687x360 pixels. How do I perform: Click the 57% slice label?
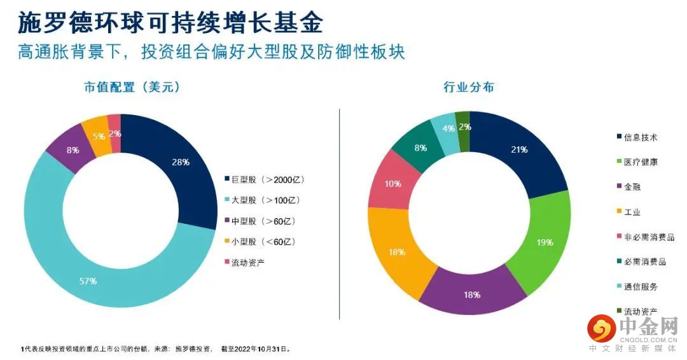(x=88, y=280)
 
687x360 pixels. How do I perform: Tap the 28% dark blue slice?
(x=181, y=163)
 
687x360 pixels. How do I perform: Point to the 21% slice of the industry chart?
(x=519, y=150)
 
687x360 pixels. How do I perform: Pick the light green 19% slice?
(x=544, y=242)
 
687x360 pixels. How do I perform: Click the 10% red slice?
(x=393, y=184)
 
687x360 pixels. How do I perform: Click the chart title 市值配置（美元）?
(x=132, y=88)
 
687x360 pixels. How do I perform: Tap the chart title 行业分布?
(x=469, y=88)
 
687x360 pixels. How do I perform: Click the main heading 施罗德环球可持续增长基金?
(x=170, y=23)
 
